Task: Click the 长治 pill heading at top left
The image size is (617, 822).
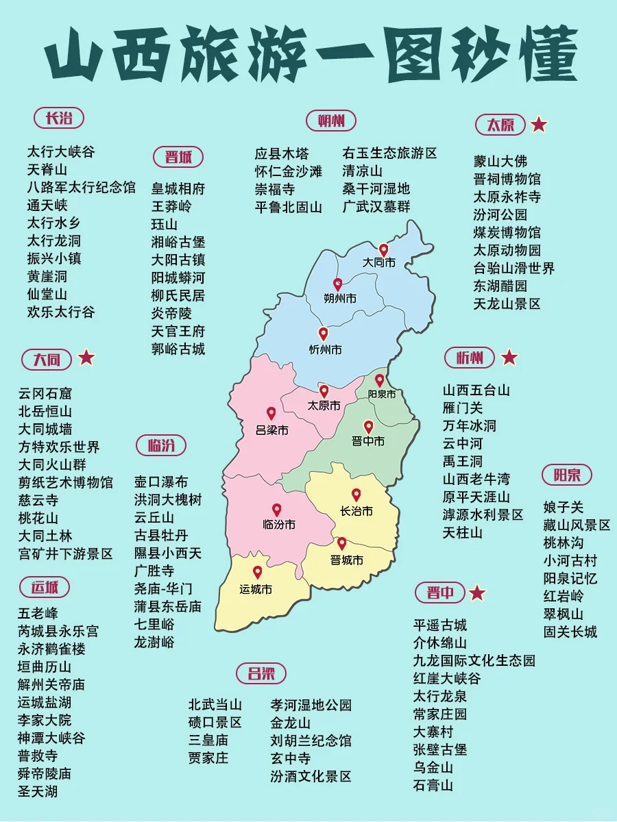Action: pyautogui.click(x=59, y=118)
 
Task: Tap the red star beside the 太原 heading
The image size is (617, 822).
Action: pyautogui.click(x=539, y=125)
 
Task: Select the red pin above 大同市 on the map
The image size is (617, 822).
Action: pyautogui.click(x=383, y=250)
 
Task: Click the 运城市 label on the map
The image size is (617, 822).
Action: pyautogui.click(x=256, y=589)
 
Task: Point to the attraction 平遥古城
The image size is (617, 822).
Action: pyautogui.click(x=439, y=625)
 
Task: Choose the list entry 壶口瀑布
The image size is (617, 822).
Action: pyautogui.click(x=160, y=482)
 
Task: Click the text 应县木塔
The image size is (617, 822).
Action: pyautogui.click(x=282, y=153)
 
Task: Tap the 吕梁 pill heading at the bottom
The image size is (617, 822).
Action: pyautogui.click(x=261, y=673)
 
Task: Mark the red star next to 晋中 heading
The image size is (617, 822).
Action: pyautogui.click(x=477, y=593)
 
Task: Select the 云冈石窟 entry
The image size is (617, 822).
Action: pyautogui.click(x=45, y=393)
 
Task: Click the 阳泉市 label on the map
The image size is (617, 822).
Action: pyautogui.click(x=382, y=395)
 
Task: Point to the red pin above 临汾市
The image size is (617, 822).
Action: pyautogui.click(x=276, y=510)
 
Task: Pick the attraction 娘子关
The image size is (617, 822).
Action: pyautogui.click(x=564, y=508)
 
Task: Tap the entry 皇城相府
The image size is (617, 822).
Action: pyautogui.click(x=178, y=188)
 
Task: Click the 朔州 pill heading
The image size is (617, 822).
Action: pyautogui.click(x=331, y=121)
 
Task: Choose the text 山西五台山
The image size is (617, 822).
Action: pyautogui.click(x=476, y=390)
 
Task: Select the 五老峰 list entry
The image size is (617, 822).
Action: pyautogui.click(x=38, y=613)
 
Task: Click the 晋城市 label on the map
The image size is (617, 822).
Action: pyautogui.click(x=346, y=560)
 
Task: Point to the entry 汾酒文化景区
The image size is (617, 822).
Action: pyautogui.click(x=311, y=776)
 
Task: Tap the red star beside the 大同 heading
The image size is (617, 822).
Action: pyautogui.click(x=86, y=358)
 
